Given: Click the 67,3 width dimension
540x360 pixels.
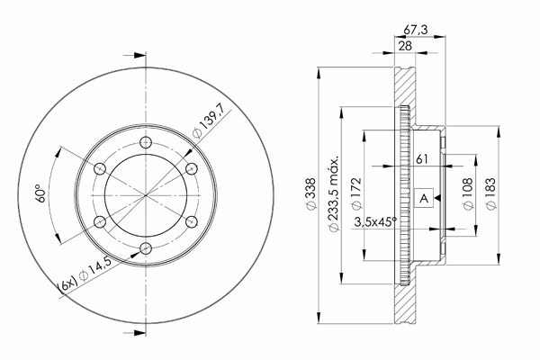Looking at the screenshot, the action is click(x=415, y=30).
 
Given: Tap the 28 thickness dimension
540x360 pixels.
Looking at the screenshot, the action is click(x=405, y=46).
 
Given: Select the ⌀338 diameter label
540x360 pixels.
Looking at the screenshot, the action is click(x=310, y=194).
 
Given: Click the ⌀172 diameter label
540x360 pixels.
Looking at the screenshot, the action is click(x=356, y=193).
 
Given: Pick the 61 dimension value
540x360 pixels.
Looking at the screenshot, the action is click(x=422, y=158).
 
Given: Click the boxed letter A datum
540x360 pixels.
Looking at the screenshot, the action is click(x=424, y=198).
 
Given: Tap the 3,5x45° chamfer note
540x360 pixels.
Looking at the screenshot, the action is click(x=375, y=222).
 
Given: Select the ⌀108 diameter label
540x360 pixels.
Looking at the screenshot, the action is click(x=468, y=193).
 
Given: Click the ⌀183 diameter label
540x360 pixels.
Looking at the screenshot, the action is click(x=490, y=193).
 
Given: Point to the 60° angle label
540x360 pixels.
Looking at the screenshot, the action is click(x=40, y=193).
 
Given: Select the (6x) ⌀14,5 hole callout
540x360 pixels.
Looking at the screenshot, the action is click(x=85, y=274).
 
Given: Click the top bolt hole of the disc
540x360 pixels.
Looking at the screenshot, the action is click(x=146, y=142).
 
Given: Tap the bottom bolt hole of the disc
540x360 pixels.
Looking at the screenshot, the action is click(x=146, y=248).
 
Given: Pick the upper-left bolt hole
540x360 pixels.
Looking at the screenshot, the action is click(x=100, y=168).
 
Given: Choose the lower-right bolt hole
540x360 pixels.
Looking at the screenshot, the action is click(x=192, y=221).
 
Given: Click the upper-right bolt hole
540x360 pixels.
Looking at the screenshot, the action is click(x=192, y=168).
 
